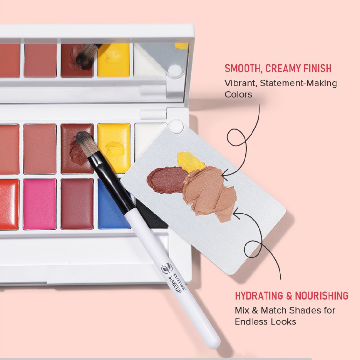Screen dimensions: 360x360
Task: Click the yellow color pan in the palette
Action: click(x=114, y=148)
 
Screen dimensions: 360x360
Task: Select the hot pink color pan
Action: click(x=40, y=204)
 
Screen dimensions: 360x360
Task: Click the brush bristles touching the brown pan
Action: click(x=87, y=142)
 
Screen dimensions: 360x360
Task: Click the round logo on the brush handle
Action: click(x=167, y=268)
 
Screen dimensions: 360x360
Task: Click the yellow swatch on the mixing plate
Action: click(x=190, y=162)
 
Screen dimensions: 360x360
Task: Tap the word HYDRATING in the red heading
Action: click(x=259, y=296)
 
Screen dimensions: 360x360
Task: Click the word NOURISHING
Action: click(x=321, y=296)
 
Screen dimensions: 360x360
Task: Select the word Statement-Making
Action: click(x=298, y=83)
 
